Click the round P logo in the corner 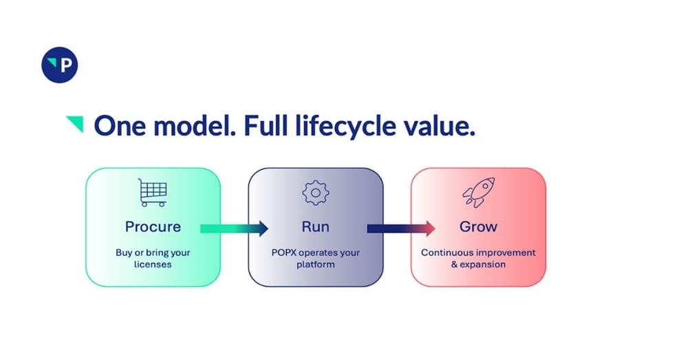[x=60, y=65]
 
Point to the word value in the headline [x=442, y=126]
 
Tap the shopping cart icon [x=153, y=193]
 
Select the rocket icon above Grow [x=477, y=193]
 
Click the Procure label [x=153, y=226]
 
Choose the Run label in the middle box [x=315, y=226]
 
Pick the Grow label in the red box [x=478, y=226]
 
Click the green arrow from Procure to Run [x=234, y=228]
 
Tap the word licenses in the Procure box [x=153, y=264]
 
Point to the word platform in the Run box [x=315, y=264]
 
